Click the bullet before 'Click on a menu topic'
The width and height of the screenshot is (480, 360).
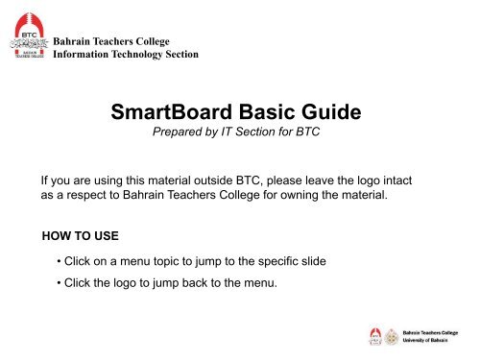tap(60, 262)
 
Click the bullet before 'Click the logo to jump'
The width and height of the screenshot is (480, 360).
tap(60, 283)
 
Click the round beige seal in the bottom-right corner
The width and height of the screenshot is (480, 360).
tap(393, 336)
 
